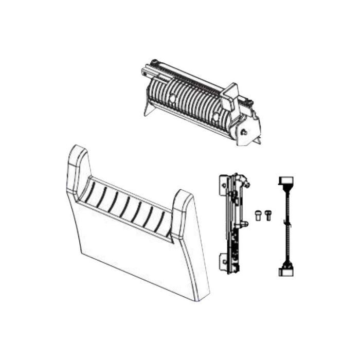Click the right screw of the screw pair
tap(267, 216)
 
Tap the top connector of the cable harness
tap(285, 182)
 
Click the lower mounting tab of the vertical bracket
tap(224, 260)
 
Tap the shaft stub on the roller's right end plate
tap(245, 133)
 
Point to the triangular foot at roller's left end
tap(149, 110)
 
